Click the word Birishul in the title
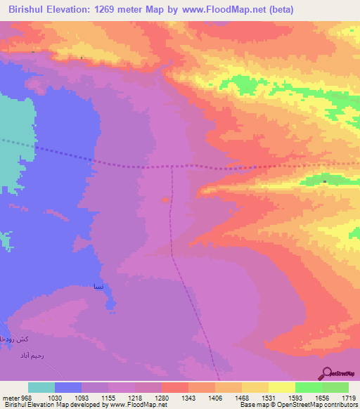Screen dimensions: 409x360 (x=28, y=9)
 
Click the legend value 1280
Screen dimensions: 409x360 (x=162, y=398)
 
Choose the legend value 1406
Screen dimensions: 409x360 (x=215, y=398)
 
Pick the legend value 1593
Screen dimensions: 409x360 (x=295, y=398)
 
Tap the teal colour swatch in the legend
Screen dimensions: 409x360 (x=41, y=387)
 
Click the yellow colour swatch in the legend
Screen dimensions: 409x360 (x=281, y=387)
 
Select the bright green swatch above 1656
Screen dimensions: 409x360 (x=308, y=387)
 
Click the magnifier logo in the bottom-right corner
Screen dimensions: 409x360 (x=326, y=373)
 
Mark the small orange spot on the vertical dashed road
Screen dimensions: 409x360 (x=165, y=200)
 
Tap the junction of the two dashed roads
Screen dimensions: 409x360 (x=172, y=167)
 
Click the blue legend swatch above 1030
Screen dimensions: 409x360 (x=68, y=387)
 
